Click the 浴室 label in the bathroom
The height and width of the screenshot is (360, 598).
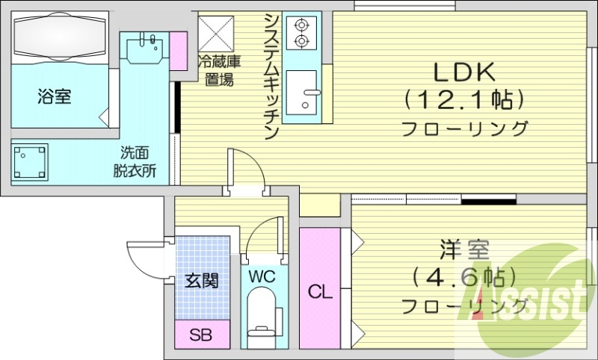54,96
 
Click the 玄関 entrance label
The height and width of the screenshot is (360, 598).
202,281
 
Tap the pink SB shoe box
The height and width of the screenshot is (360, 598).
200,335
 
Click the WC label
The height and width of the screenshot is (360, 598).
262,276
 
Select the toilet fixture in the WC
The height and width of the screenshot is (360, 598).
262,317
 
